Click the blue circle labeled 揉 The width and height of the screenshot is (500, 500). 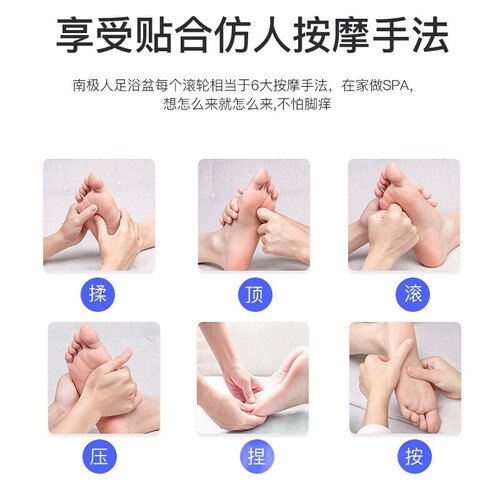coord(98,294)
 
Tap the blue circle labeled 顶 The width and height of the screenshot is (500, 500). coord(255,294)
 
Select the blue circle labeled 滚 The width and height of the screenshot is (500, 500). coord(413,294)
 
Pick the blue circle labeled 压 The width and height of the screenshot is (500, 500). coord(99,456)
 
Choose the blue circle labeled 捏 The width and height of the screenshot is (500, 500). coord(257,456)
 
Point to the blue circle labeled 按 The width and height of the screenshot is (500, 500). coord(414,456)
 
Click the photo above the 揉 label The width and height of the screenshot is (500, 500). coord(99,215)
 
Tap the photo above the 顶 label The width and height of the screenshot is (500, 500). coord(254,215)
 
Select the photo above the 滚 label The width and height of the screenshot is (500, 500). coord(404,215)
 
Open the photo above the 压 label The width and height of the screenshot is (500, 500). coord(104,378)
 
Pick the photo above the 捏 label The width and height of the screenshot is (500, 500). coord(253,378)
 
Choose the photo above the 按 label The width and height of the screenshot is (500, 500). coord(405,378)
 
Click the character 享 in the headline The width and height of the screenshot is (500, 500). coord(74,35)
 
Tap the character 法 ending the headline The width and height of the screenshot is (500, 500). coord(430,35)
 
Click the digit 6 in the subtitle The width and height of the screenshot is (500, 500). coord(255,86)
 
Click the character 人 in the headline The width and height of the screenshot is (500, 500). coord(272,35)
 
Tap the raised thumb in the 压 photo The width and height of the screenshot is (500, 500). coord(121,359)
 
